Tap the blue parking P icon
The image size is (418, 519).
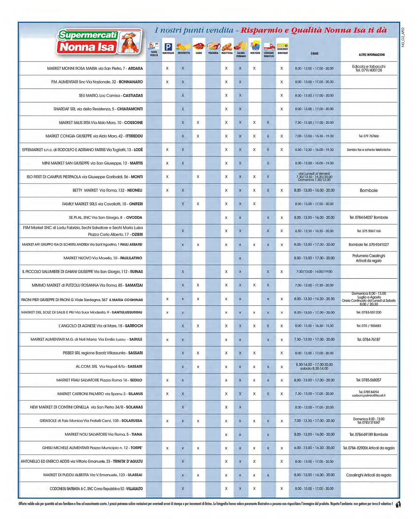tap(168, 47)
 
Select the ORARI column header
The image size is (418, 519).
tap(314, 53)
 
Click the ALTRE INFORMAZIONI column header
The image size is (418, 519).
tap(371, 55)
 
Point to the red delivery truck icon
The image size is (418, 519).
tap(269, 47)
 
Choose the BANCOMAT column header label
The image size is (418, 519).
tap(283, 53)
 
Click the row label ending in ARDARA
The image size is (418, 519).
tap(95, 69)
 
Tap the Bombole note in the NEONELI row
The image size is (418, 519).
tap(368, 190)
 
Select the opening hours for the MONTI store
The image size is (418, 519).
tap(314, 177)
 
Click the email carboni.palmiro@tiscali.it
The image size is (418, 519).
tap(368, 395)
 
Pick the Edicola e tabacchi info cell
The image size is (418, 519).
tap(368, 68)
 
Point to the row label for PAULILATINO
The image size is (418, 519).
tap(103, 258)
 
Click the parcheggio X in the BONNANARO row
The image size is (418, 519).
tap(167, 82)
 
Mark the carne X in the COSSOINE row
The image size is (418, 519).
tap(198, 122)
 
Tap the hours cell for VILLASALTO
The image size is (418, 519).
tap(314, 488)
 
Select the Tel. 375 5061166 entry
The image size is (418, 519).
tap(368, 231)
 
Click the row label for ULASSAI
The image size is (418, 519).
tap(93, 475)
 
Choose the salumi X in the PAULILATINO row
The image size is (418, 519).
tap(240, 258)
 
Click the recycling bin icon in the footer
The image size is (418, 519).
tap(398, 504)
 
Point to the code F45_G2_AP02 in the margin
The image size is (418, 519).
tap(403, 37)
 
